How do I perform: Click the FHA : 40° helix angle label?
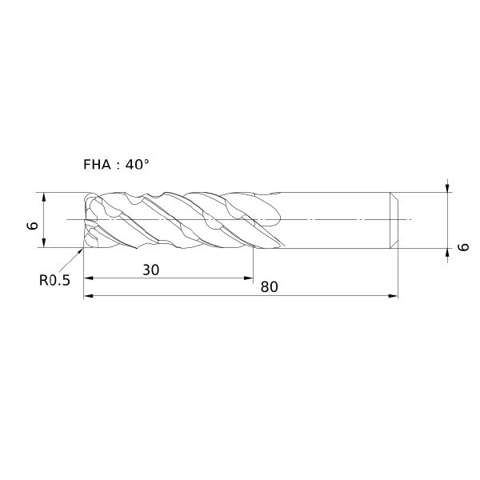point(116,165)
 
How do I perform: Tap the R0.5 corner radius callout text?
point(54,280)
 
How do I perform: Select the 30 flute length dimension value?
point(151,270)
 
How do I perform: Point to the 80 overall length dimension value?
point(269,287)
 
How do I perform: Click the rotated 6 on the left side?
point(33,226)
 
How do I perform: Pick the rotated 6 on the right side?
point(464,246)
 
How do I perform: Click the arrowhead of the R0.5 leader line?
point(81,251)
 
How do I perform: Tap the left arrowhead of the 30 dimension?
point(89,278)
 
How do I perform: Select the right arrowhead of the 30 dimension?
point(249,278)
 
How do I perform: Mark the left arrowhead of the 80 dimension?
point(89,296)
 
